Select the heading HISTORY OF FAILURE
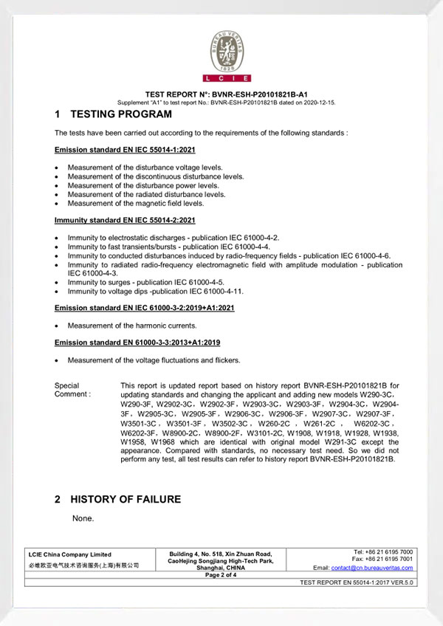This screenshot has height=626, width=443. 125,500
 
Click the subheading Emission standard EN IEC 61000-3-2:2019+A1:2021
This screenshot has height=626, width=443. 144,308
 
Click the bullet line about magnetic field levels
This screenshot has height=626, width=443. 135,203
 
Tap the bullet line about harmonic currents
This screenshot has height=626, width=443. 132,326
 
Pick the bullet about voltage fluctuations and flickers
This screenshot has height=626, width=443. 154,360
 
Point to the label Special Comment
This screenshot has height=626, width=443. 72,390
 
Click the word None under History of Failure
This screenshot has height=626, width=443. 83,519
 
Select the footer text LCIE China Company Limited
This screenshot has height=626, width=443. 69,554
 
